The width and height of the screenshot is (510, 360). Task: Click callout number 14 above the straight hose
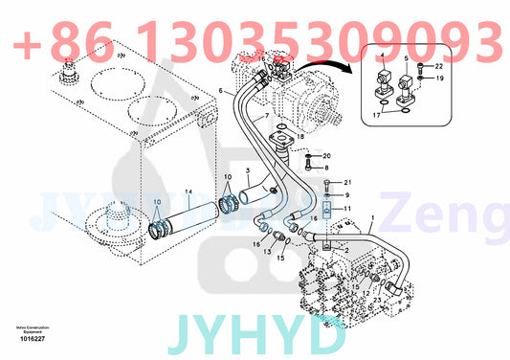[188, 192]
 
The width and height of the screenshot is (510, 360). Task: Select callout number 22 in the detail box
[439, 66]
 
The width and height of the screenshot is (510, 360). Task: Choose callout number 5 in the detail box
[406, 58]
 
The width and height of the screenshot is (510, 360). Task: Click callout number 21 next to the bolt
[348, 182]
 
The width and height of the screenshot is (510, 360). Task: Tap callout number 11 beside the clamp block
[348, 208]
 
